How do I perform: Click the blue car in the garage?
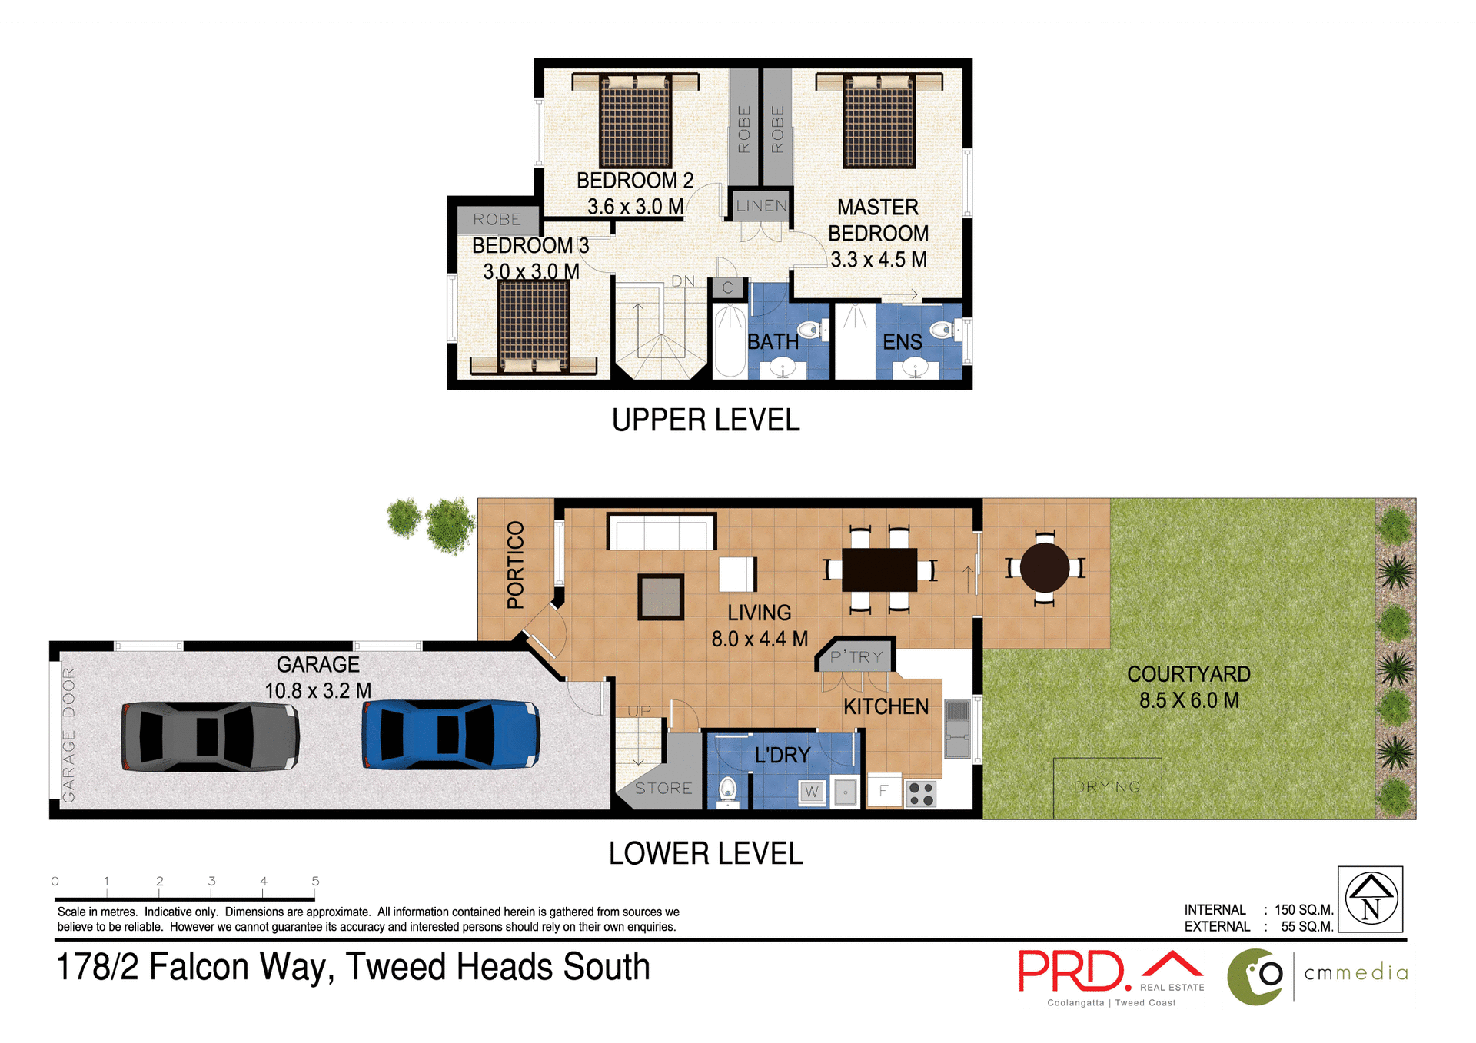coord(450,735)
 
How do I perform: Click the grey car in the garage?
coord(210,736)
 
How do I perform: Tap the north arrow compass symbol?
coord(1370,899)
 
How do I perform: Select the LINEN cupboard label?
coord(761,206)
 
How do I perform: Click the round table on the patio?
coord(1044,567)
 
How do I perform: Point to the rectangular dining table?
coord(879,570)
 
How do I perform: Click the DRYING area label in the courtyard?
coord(1107,787)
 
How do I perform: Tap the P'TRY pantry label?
coord(856,657)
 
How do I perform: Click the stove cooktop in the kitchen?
coord(921,793)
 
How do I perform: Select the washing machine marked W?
coord(812,792)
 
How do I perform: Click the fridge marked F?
coord(884,790)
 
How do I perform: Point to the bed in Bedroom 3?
coord(534,327)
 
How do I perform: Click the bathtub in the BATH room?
coord(730,342)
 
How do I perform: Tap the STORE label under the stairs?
coord(663,789)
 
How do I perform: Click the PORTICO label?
coord(516,565)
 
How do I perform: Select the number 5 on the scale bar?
coord(315,881)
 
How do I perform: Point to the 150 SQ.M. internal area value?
coord(1303,910)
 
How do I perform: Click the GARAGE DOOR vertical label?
coord(69,735)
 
